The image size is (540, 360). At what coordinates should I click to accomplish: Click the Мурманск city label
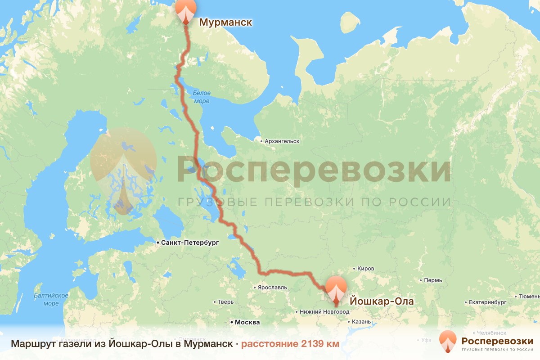click(225, 22)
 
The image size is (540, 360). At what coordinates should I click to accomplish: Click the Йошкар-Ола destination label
click(381, 301)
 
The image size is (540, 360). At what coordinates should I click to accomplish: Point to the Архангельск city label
click(282, 141)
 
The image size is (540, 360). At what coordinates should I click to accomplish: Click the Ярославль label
click(272, 287)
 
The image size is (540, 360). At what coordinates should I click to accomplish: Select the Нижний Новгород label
click(324, 312)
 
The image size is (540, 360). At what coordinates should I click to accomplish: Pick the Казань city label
click(361, 322)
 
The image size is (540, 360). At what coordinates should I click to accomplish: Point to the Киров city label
click(365, 269)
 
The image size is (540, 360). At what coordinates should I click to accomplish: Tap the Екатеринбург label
click(488, 302)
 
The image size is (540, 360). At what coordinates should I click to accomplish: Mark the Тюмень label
click(529, 297)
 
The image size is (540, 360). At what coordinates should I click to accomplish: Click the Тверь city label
click(225, 302)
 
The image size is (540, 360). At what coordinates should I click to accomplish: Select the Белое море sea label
click(201, 97)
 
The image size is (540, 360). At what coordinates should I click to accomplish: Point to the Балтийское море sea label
click(51, 299)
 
